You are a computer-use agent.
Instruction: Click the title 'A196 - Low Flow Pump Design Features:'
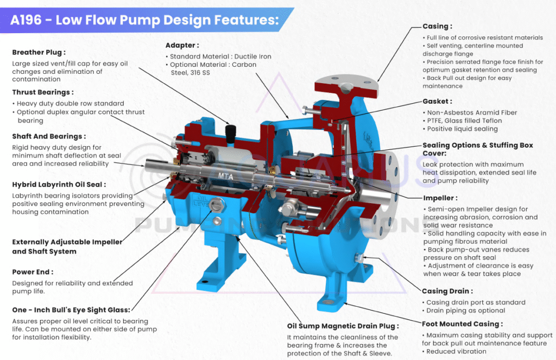point(144,21)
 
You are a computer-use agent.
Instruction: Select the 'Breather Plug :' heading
point(39,53)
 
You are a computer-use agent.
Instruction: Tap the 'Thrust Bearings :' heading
point(43,92)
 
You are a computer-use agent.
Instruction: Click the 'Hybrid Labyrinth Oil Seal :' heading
point(59,185)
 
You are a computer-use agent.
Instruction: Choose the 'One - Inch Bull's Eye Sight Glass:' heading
point(71,310)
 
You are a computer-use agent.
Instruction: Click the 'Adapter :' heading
point(182,45)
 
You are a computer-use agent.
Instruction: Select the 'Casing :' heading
point(437,26)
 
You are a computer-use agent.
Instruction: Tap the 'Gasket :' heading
point(437,102)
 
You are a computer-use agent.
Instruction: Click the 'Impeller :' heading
point(440,198)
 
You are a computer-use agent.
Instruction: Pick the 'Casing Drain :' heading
point(447,291)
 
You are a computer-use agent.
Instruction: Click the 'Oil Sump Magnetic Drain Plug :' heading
point(343,326)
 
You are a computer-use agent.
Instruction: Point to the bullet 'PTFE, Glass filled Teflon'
point(464,121)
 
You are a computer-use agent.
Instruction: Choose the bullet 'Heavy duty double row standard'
point(70,103)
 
